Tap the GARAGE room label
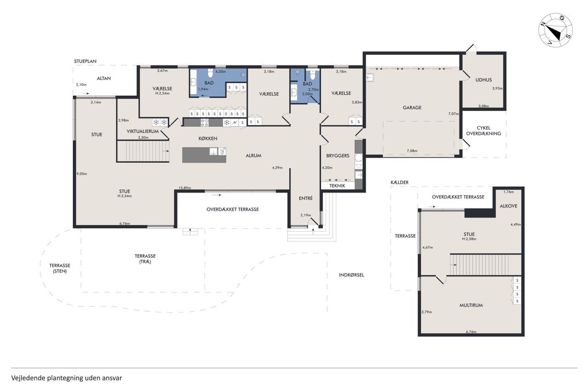point(412,108)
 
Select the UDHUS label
point(484,80)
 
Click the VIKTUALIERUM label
point(142,131)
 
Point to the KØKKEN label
point(208,138)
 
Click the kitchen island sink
point(214,151)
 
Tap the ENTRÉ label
point(305,198)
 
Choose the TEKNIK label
point(337,186)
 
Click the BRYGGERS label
point(338,156)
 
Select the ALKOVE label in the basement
point(509,206)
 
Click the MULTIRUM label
point(471,305)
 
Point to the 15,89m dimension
point(185,188)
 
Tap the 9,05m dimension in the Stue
point(82,174)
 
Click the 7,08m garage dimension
point(412,151)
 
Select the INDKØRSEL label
point(351,275)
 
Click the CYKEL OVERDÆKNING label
point(484,131)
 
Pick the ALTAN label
point(104,78)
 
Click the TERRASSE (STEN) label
point(60,268)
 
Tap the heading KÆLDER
point(400,182)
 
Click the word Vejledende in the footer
point(28,378)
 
